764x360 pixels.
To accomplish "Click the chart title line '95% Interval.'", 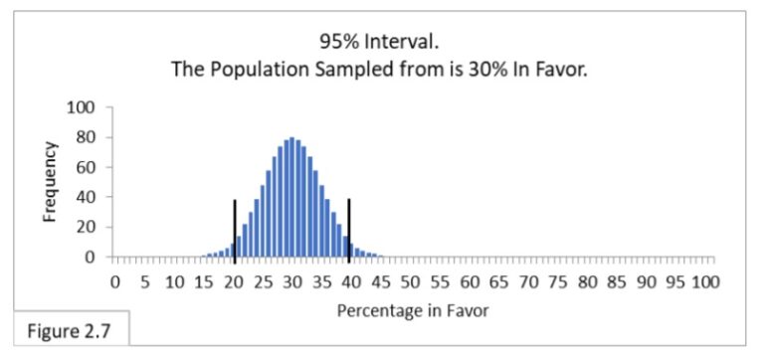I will (381, 42).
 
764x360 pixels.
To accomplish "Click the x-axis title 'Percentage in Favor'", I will (413, 310).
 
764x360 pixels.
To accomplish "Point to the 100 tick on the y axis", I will (82, 107).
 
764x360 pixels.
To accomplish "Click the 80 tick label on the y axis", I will (86, 137).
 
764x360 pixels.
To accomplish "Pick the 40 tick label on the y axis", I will (86, 197).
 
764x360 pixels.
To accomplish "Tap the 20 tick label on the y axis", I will (86, 227).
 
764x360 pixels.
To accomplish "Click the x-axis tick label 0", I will (115, 281).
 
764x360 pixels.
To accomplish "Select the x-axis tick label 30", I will (292, 281).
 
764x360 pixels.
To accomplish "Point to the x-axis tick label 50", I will (411, 281).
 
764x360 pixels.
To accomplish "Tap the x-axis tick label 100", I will (704, 281).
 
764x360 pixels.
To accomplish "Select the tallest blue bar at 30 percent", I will (292, 199).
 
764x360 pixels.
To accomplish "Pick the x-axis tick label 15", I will (204, 281).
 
